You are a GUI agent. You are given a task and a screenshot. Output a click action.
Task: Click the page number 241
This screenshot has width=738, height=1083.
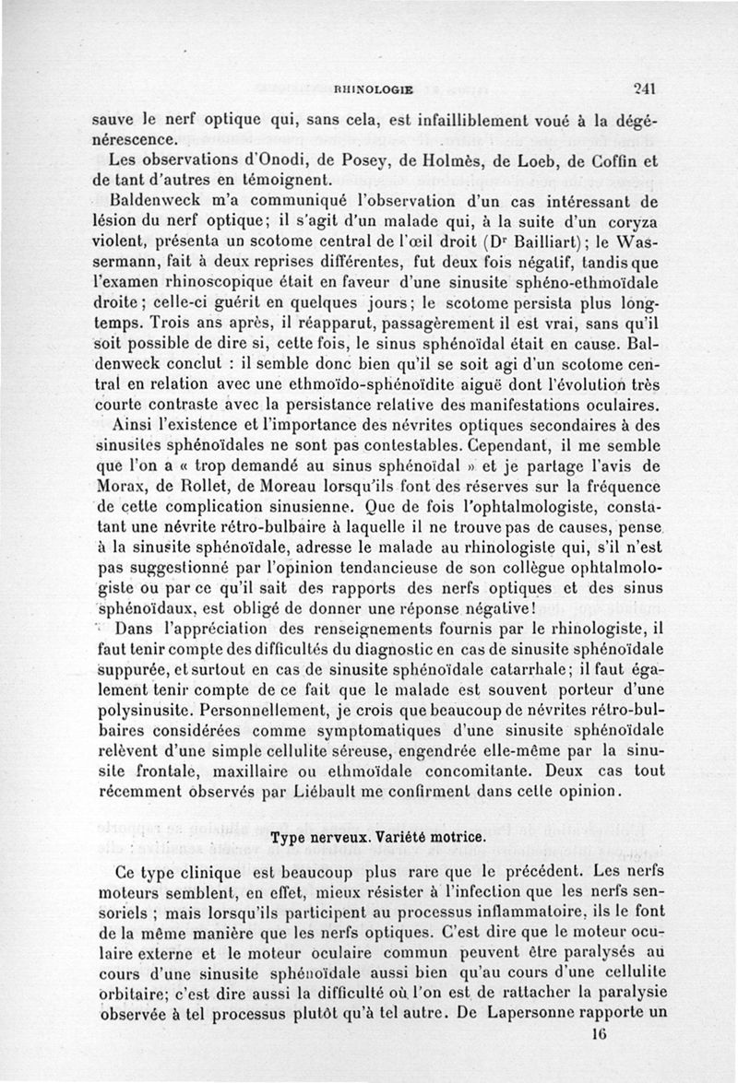point(644,89)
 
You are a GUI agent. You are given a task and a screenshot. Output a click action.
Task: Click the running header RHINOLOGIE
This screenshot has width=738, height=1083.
point(372,90)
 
